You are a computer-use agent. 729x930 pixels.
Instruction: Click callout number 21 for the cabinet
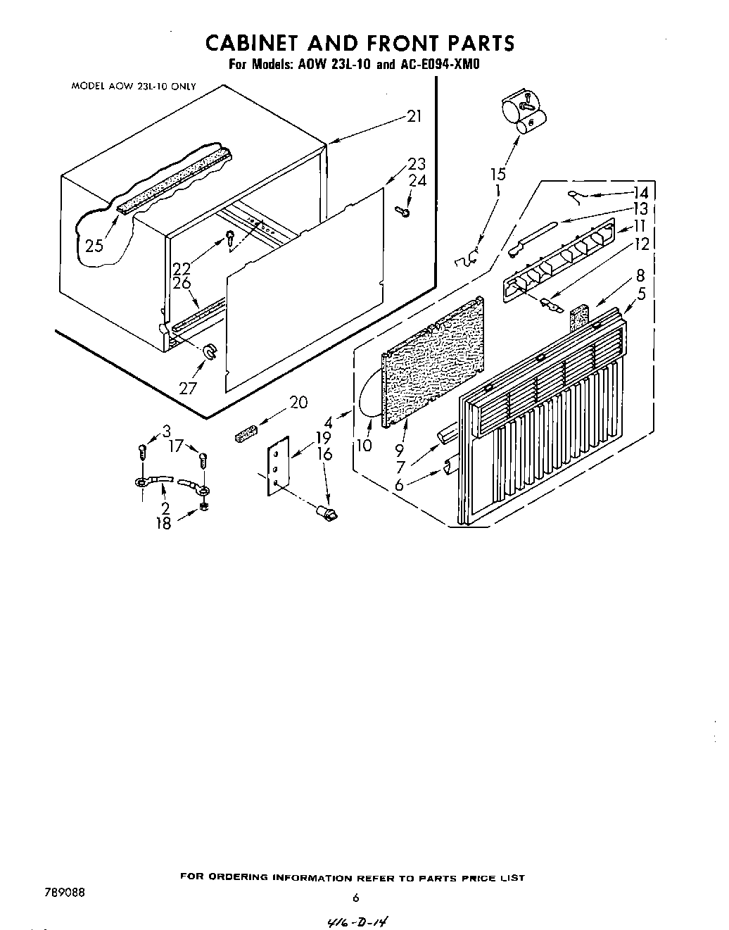pos(414,116)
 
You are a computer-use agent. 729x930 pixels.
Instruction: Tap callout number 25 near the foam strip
pos(94,246)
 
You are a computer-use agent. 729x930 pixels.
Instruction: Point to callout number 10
pos(365,446)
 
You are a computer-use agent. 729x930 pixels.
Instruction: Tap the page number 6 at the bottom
pos(356,898)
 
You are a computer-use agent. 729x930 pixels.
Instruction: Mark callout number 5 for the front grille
pos(641,294)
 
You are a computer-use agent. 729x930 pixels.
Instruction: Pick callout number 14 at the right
pos(640,193)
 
